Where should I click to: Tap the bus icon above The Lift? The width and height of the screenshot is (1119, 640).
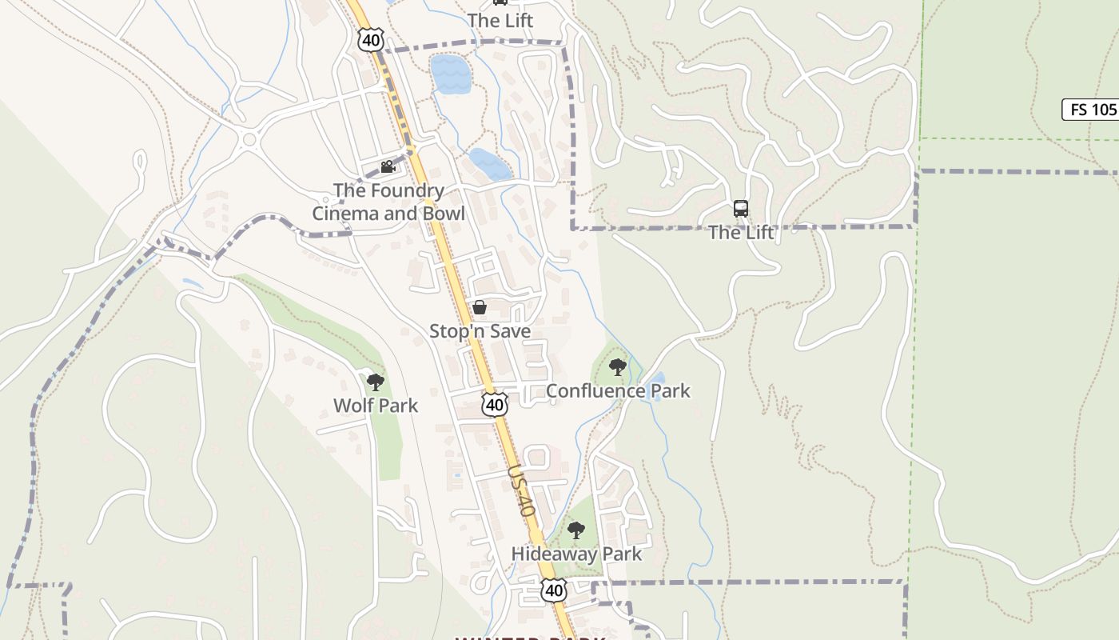741,209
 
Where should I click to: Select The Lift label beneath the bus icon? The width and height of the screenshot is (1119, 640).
741,233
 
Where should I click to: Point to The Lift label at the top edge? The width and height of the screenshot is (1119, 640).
500,20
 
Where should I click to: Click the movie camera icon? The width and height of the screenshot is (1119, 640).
388,166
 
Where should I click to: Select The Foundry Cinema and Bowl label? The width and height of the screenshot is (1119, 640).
388,202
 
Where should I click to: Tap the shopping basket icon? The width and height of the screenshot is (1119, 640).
480,307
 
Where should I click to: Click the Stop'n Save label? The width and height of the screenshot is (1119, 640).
480,331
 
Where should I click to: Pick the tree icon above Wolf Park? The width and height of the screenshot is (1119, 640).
376,382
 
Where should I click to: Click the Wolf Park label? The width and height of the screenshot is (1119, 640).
376,406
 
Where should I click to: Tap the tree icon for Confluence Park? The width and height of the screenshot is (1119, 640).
617,367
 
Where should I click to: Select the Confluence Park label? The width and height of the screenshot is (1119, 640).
618,391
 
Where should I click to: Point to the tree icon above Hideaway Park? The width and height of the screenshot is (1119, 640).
576,530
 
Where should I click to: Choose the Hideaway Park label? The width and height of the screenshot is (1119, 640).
576,554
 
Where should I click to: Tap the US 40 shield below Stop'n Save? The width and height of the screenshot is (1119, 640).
495,405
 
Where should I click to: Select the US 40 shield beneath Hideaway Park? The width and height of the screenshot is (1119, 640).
554,591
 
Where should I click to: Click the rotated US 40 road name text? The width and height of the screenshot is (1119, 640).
520,490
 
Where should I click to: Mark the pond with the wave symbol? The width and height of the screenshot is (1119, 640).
450,74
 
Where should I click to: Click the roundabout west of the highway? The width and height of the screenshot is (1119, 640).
249,140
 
